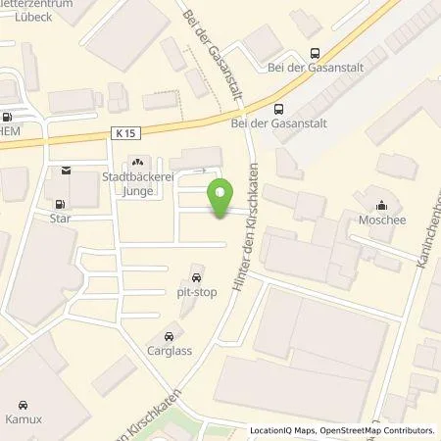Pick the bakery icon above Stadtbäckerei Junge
click(137, 164)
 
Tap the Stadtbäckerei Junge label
click(137, 184)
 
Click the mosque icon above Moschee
click(380, 206)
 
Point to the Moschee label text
click(380, 220)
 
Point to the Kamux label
click(24, 418)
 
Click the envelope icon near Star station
click(66, 172)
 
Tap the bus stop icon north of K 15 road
click(314, 55)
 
